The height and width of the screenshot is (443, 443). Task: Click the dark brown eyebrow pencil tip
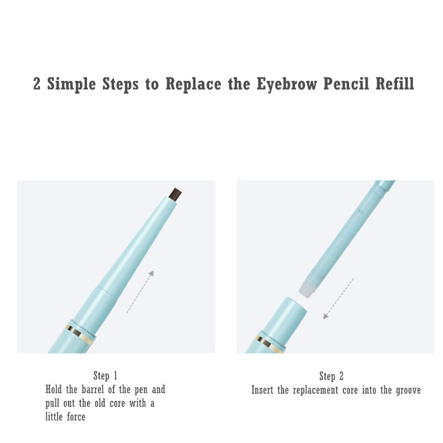point(175,194)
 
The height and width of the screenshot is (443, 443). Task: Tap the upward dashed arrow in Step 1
point(140,292)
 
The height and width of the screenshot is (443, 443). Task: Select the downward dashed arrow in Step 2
point(338,298)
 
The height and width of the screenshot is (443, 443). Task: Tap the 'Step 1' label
point(105,376)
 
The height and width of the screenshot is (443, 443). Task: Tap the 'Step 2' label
point(331,377)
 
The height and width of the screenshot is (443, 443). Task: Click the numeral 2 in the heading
point(37,84)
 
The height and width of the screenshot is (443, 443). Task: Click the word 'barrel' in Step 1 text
point(94,390)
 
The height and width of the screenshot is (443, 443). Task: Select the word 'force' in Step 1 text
point(73,417)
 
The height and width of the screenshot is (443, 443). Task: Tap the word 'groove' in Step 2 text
point(408,390)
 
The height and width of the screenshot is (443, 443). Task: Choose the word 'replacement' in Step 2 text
point(318,390)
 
